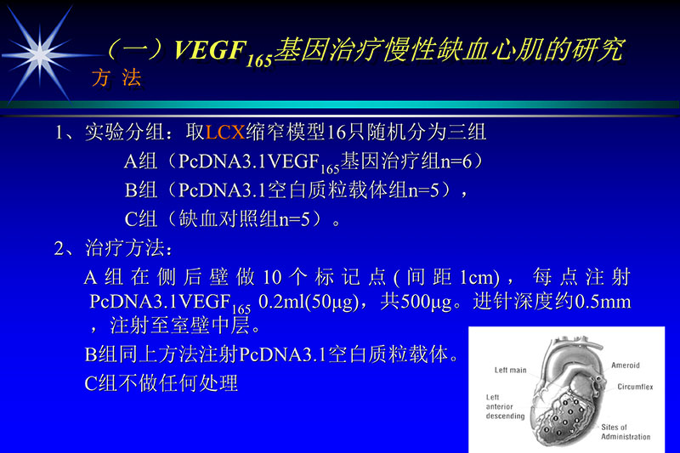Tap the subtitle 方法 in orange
pos(116,79)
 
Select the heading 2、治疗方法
pos(114,249)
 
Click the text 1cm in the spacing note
pos(477,278)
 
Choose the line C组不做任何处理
pos(161,382)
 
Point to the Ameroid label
pos(625,365)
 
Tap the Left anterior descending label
pos(505,406)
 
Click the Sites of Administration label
pos(626,432)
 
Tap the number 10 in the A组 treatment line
pos(272,278)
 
